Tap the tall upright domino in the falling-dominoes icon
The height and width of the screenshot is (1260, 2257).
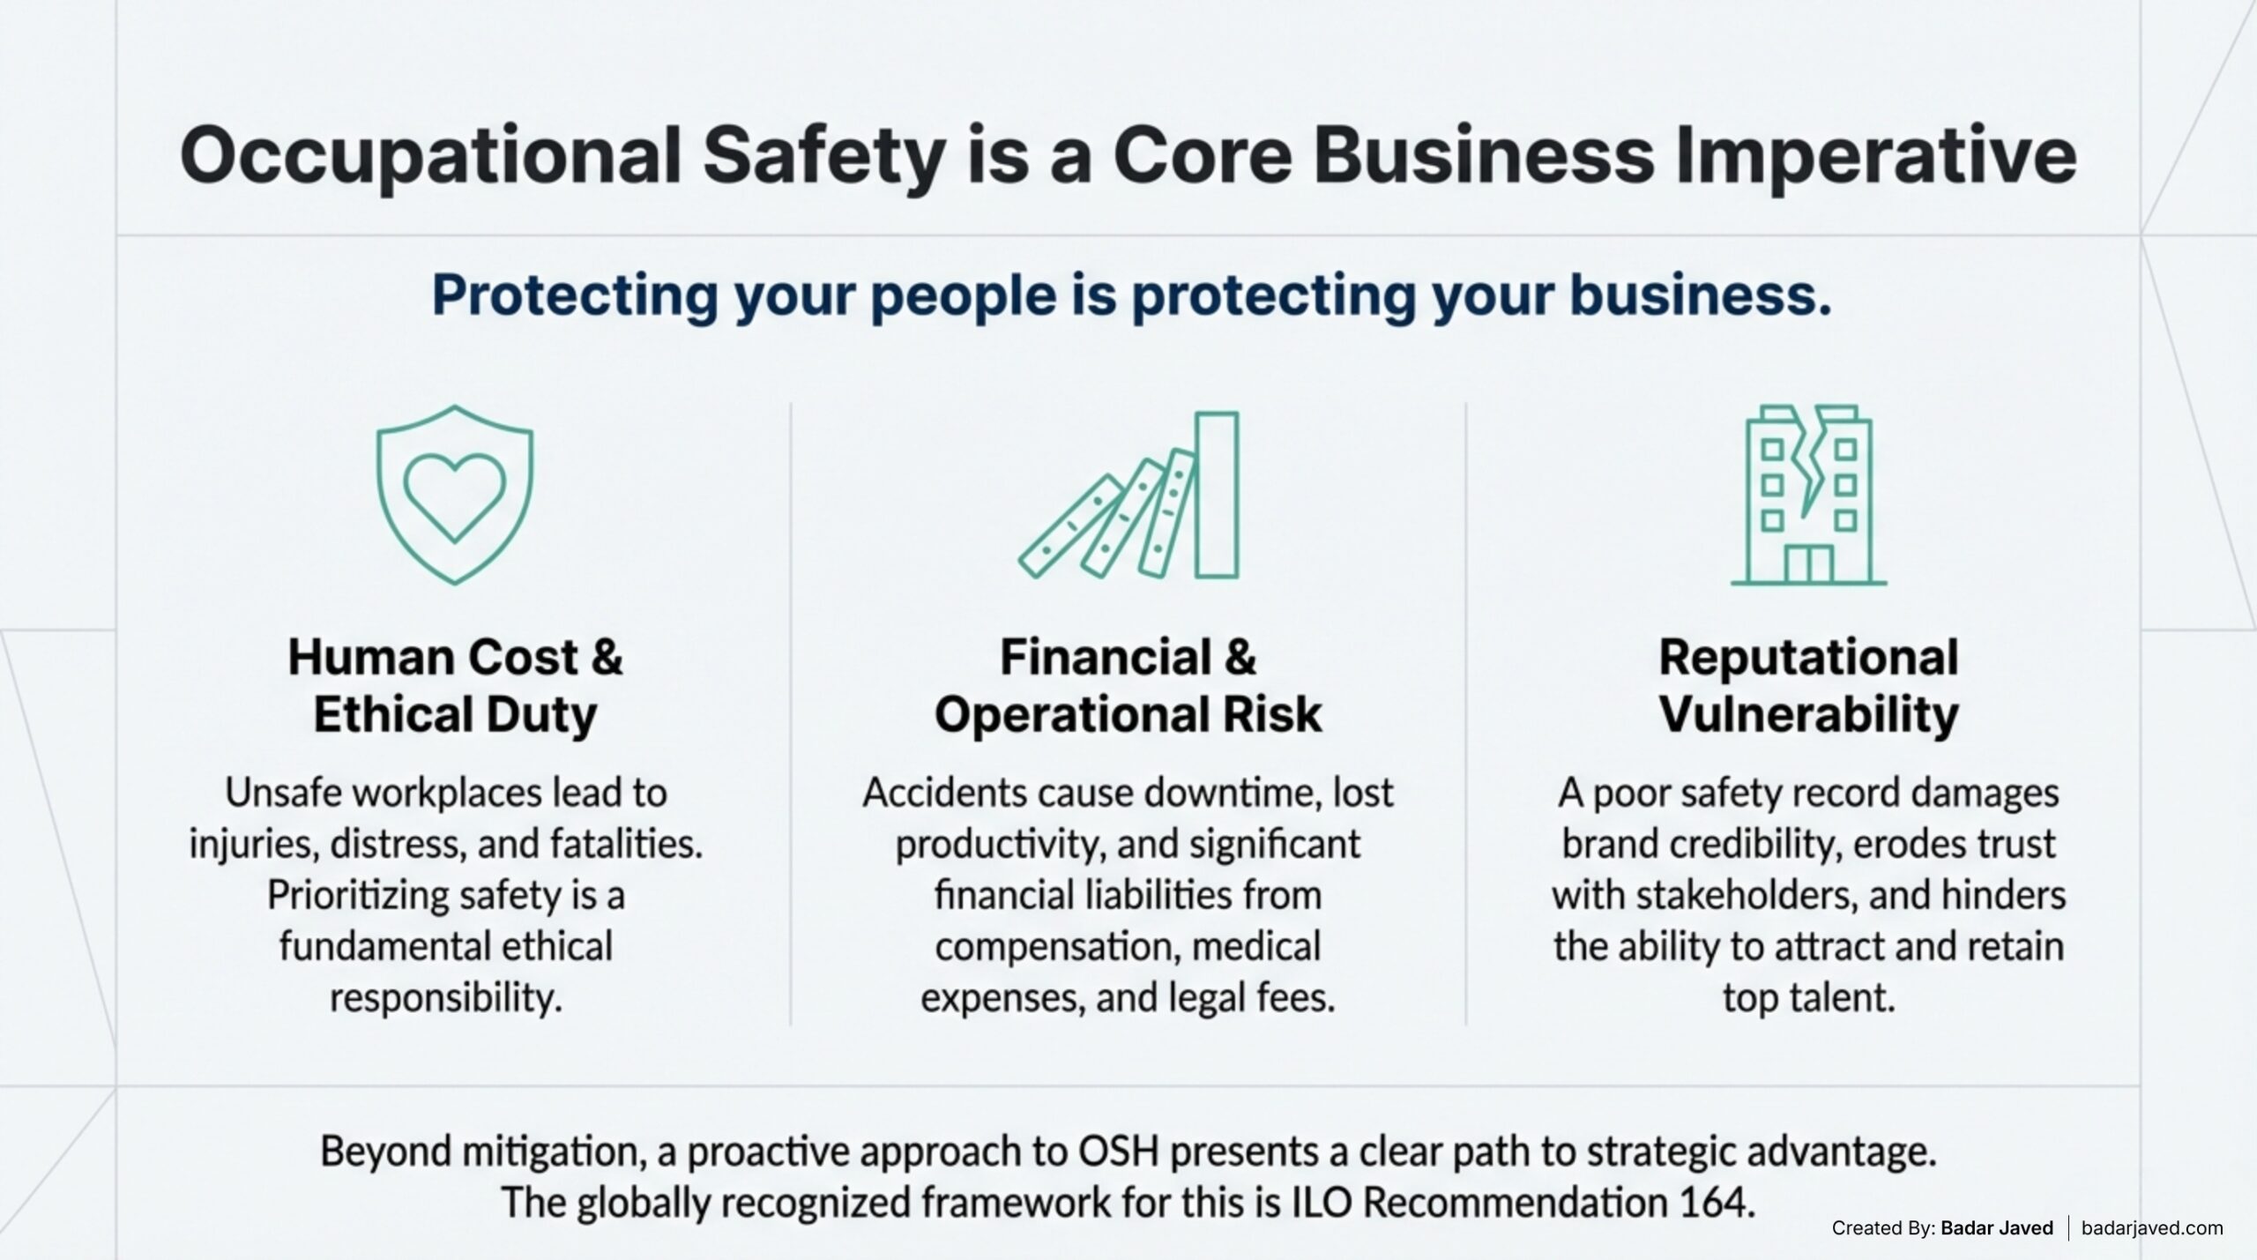(x=1217, y=495)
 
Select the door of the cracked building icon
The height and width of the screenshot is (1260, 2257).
(x=1808, y=564)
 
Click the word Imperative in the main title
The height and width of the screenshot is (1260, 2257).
(x=1875, y=156)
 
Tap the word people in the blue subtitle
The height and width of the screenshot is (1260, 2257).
(x=964, y=295)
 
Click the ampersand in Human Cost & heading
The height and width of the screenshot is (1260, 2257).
(x=607, y=658)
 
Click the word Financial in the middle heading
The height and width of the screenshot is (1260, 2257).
(x=1106, y=658)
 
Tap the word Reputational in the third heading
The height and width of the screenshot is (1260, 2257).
(x=1808, y=658)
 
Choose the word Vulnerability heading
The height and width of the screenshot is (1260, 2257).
(x=1808, y=714)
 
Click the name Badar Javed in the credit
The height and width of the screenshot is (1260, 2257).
(x=1997, y=1227)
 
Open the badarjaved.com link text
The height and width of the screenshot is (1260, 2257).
(x=2152, y=1227)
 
